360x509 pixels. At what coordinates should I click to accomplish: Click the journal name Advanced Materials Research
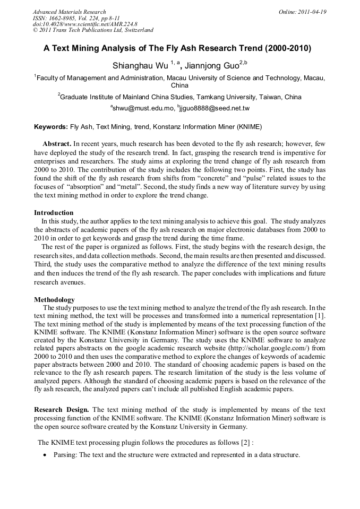point(69,12)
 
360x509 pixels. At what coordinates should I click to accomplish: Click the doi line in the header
point(85,24)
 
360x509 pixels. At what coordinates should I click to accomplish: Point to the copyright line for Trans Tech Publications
point(93,31)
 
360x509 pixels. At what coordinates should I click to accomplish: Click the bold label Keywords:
point(51,127)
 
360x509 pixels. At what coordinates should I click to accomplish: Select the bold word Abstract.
point(57,144)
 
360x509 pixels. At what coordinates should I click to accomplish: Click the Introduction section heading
point(54,213)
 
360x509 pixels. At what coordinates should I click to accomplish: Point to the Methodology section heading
point(54,299)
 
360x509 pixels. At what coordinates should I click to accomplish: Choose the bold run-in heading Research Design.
point(62,410)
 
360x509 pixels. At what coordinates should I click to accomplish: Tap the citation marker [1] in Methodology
point(320,316)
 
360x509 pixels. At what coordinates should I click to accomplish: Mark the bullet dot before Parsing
point(46,455)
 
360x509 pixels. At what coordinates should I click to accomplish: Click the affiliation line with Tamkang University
point(179,97)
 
